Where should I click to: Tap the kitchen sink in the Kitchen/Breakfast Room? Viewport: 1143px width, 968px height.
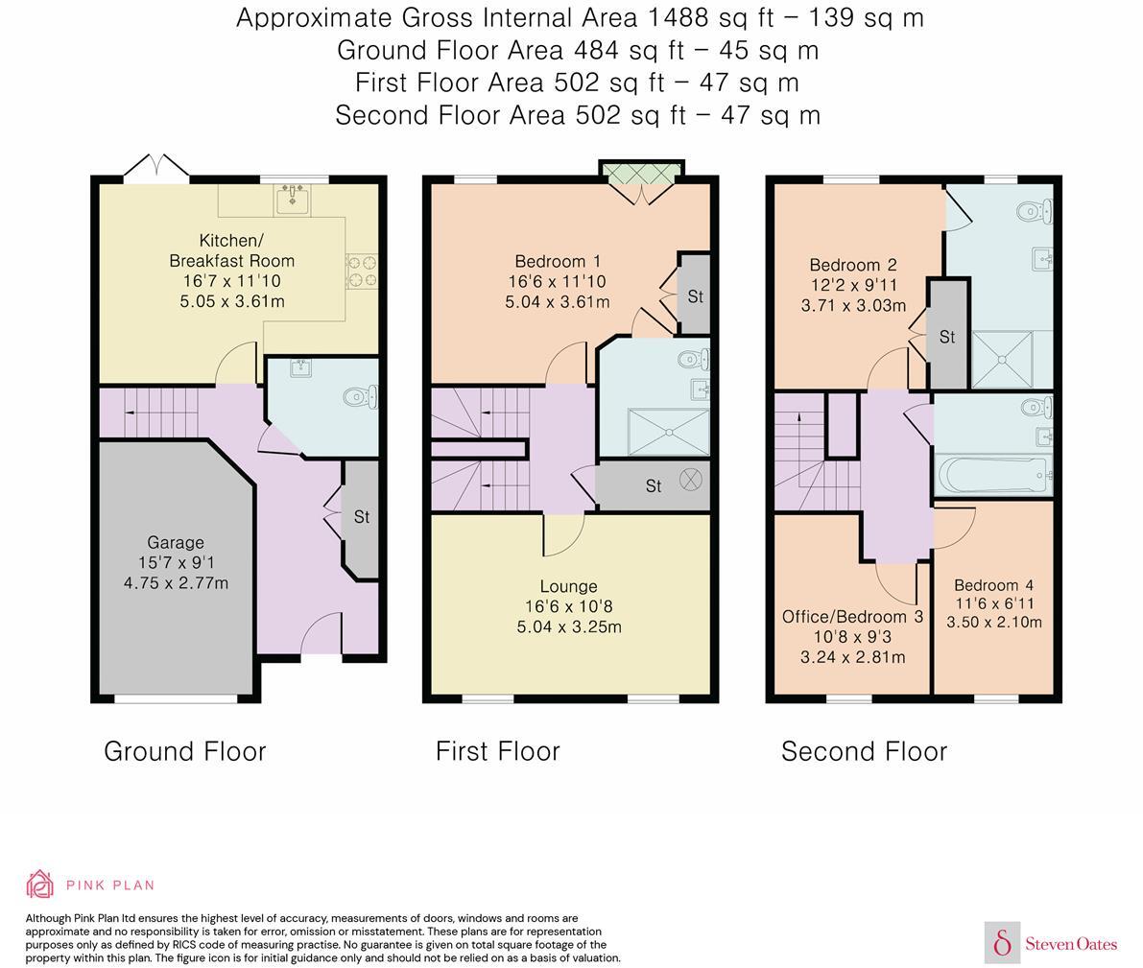click(291, 200)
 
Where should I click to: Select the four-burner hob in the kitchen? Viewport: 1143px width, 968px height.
click(362, 271)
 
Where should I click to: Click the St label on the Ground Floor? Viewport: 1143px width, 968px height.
click(361, 517)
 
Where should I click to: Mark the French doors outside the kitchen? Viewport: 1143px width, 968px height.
click(156, 166)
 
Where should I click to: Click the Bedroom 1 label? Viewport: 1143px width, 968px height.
click(557, 261)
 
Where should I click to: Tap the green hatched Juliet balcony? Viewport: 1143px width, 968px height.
click(641, 170)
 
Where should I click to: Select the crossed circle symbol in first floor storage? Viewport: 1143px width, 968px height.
click(691, 482)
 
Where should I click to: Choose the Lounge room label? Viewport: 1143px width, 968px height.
click(568, 586)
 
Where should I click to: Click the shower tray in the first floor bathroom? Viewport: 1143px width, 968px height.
click(669, 427)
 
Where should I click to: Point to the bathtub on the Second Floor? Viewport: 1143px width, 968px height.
click(992, 474)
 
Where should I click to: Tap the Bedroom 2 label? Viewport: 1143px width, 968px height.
click(852, 266)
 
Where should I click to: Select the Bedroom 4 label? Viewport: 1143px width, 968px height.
click(993, 585)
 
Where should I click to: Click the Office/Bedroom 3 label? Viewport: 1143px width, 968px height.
click(852, 617)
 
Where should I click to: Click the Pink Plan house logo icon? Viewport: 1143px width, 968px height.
click(39, 884)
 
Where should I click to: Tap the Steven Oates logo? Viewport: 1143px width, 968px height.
click(1052, 943)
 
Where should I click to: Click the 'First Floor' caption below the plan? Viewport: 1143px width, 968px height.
click(497, 751)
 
